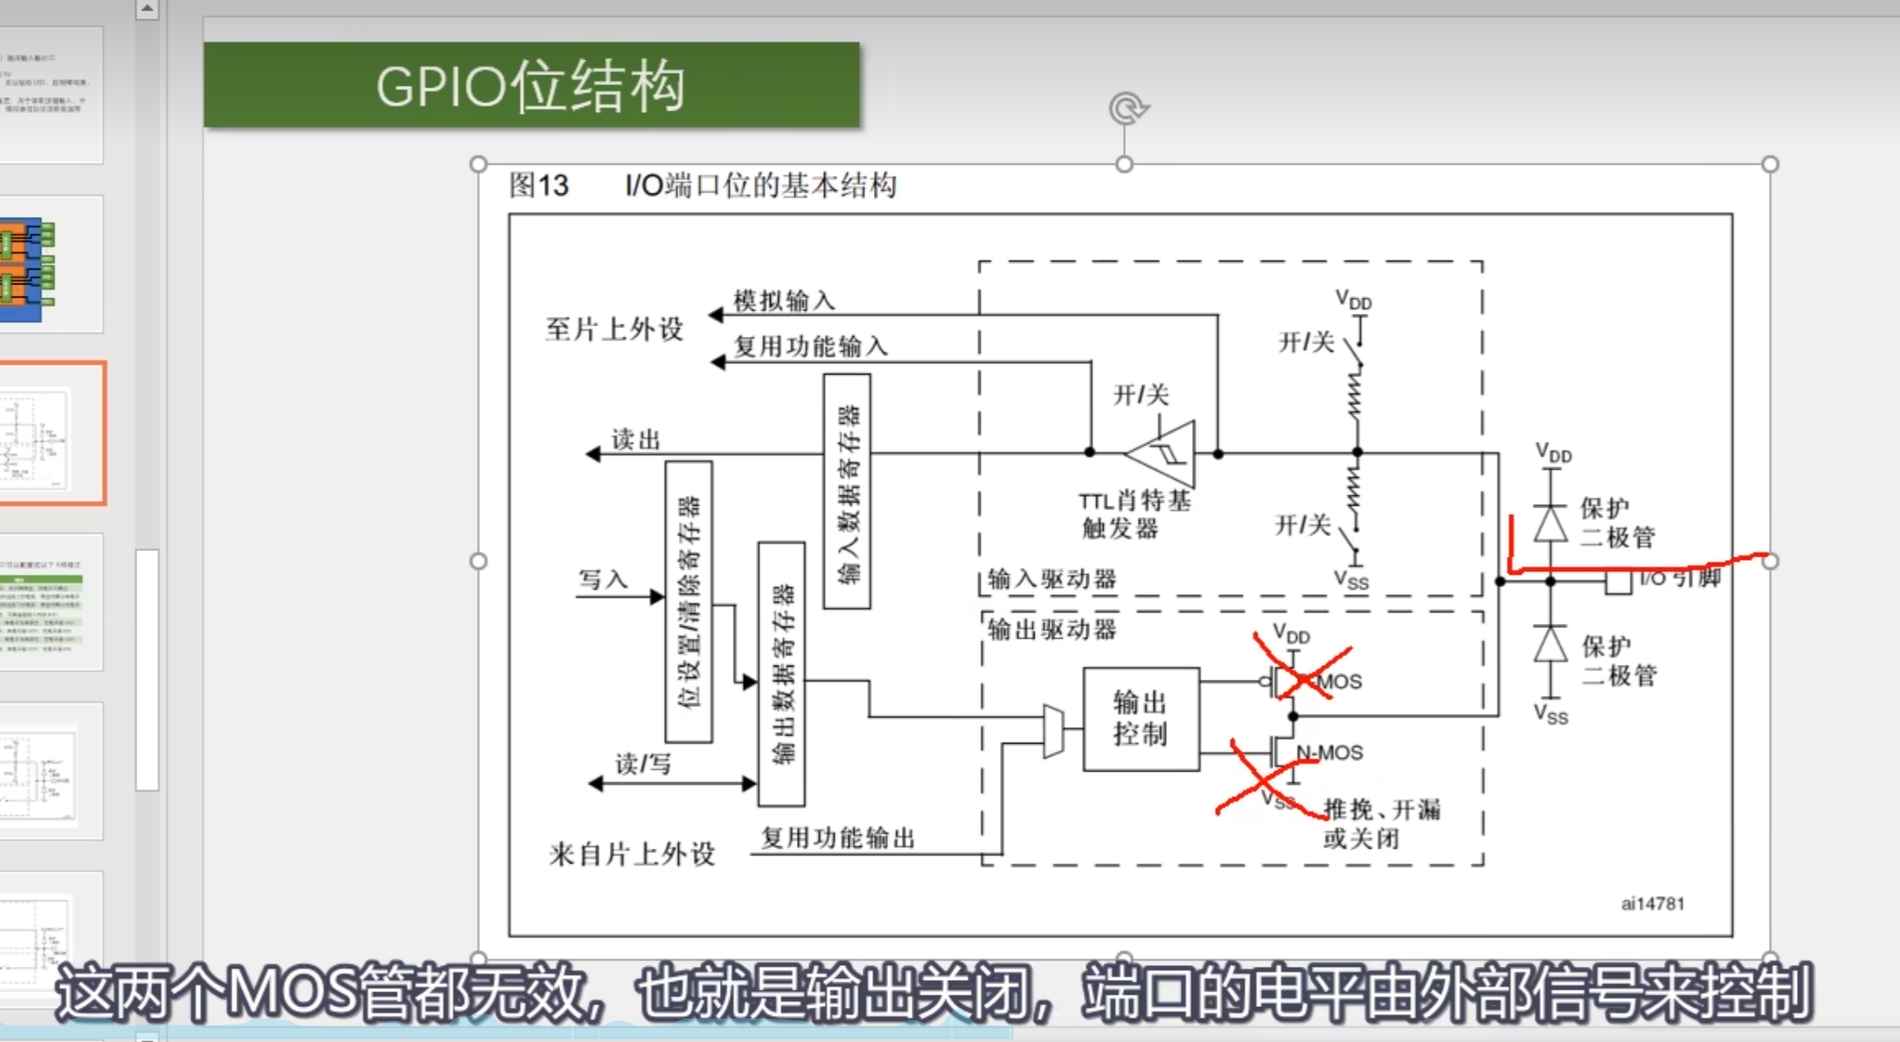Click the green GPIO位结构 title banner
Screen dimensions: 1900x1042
pos(531,86)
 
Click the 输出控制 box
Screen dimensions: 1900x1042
pos(1141,718)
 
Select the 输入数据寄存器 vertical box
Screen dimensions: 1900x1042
pos(847,491)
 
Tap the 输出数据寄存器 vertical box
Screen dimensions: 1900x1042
pos(781,673)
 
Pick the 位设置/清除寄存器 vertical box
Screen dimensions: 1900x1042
pos(688,601)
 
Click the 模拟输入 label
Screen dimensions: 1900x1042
pos(784,301)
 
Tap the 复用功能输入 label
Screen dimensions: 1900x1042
pos(810,346)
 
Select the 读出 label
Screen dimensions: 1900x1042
pos(635,439)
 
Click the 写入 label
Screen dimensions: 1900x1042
pos(603,579)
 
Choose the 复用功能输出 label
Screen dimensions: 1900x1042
pos(837,837)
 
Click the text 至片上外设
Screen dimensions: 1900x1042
pos(614,329)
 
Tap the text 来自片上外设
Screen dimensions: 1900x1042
pos(632,853)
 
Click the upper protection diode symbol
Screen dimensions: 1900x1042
pos(1551,524)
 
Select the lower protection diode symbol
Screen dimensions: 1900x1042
pos(1551,645)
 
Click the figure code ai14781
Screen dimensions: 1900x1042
pos(1652,904)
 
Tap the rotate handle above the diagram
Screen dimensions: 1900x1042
pos(1128,108)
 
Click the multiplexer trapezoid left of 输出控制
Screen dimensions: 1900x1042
pos(1054,731)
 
